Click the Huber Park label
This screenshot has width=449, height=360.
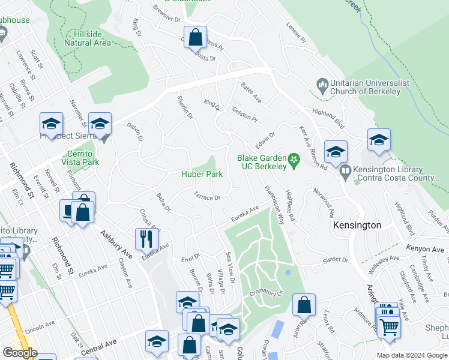(202, 175)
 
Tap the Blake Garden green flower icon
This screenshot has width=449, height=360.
(294, 160)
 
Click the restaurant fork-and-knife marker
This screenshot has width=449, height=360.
(143, 238)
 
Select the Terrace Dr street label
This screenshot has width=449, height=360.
(207, 196)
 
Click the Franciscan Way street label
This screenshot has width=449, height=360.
(273, 204)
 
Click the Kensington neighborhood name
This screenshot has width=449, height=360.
(357, 225)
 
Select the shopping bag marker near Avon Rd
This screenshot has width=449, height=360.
(304, 304)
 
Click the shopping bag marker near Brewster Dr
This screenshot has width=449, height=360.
(196, 37)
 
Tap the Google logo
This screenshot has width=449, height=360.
(20, 353)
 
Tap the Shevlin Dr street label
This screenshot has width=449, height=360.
(184, 106)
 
